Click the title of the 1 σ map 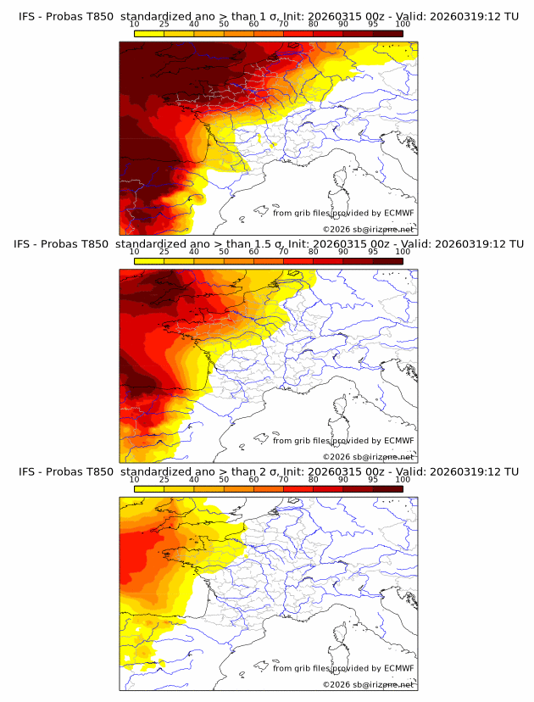(x=268, y=16)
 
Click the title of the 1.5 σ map (x=268, y=243)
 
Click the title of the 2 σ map (x=268, y=471)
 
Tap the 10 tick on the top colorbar (x=135, y=25)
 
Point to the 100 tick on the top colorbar (x=403, y=25)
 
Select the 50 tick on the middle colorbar (x=224, y=252)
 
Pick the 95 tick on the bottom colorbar (x=373, y=480)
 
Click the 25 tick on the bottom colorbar (x=164, y=480)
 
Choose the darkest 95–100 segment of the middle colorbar (x=387, y=260)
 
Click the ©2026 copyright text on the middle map (x=368, y=456)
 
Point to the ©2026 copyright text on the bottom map (x=368, y=684)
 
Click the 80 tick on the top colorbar (x=314, y=25)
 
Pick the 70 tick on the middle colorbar (x=283, y=252)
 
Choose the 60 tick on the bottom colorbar (x=253, y=480)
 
